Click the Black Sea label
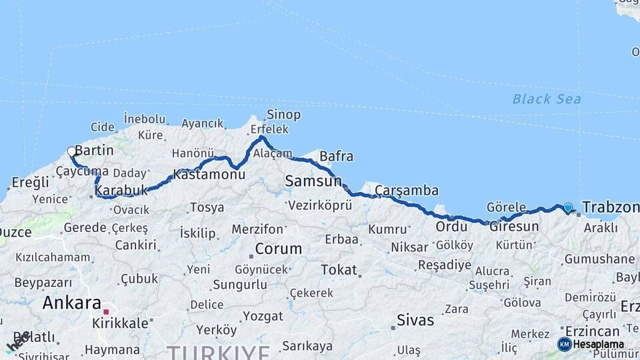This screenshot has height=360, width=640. (546, 99)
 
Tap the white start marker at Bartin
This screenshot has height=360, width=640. (71, 152)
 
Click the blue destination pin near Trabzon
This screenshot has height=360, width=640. (567, 208)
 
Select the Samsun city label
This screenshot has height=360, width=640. (313, 181)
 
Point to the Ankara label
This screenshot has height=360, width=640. (71, 303)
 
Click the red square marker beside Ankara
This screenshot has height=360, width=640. (105, 311)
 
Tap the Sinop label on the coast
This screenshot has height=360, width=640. (283, 114)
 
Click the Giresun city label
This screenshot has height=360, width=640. (514, 226)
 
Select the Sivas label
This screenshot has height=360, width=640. (415, 319)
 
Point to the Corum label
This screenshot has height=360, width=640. (279, 249)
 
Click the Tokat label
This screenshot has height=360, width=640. (339, 270)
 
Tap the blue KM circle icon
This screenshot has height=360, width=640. (564, 344)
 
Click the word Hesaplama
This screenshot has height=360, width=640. (598, 344)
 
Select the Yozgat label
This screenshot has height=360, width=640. (263, 315)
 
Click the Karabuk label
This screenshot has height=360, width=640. (121, 191)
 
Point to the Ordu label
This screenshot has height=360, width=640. (451, 227)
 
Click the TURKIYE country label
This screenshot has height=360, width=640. (218, 351)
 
